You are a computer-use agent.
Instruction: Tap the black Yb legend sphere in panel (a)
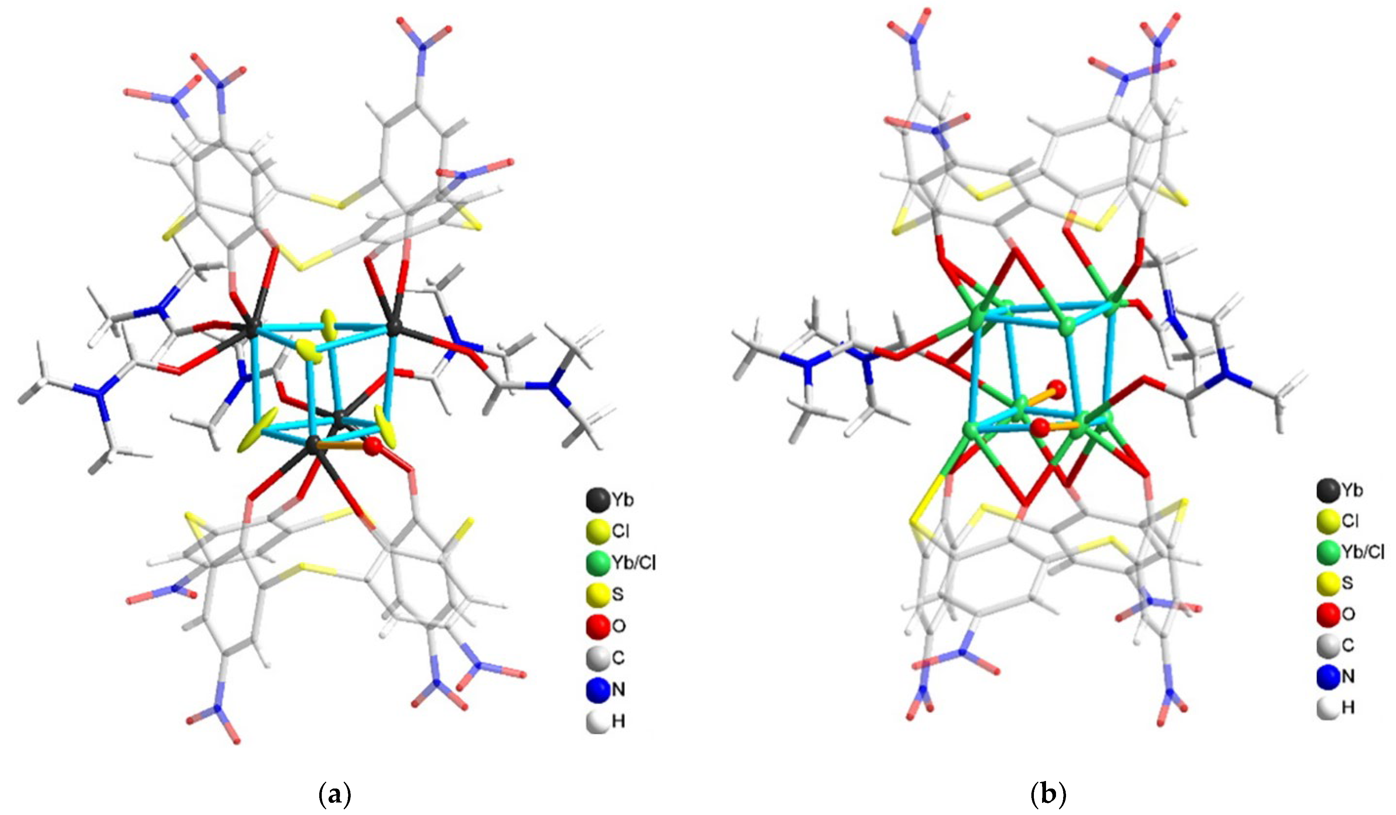pos(597,500)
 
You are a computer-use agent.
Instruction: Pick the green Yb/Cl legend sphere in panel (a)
pos(597,563)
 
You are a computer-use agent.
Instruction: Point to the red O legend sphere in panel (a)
pos(597,626)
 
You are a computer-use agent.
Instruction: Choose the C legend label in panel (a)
pos(618,658)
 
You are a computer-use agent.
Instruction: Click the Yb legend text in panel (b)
pos(1352,490)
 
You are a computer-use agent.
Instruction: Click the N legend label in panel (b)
pos(1348,677)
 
